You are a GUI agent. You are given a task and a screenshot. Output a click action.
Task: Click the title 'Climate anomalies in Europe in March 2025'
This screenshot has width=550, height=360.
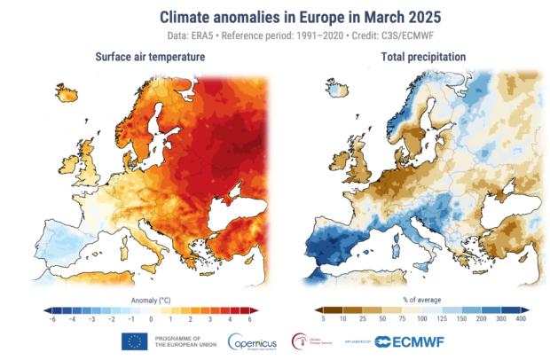(275, 17)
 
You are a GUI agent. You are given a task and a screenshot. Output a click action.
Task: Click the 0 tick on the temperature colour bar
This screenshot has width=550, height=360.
(150, 317)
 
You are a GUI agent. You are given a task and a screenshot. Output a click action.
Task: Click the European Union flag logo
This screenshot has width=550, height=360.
(134, 340)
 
